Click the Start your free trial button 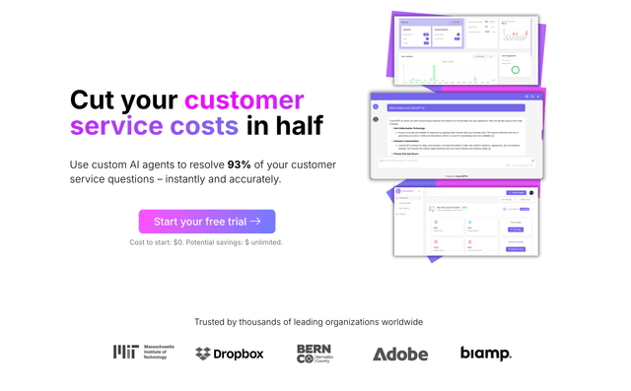[207, 222]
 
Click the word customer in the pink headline [245, 100]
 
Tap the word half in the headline [298, 126]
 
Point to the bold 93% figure [241, 164]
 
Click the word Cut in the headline [99, 100]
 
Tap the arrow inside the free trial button [255, 222]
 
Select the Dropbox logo [230, 354]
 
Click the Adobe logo [400, 354]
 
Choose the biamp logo [485, 353]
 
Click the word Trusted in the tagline [212, 322]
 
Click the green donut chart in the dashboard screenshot [515, 70]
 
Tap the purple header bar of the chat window [454, 96]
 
